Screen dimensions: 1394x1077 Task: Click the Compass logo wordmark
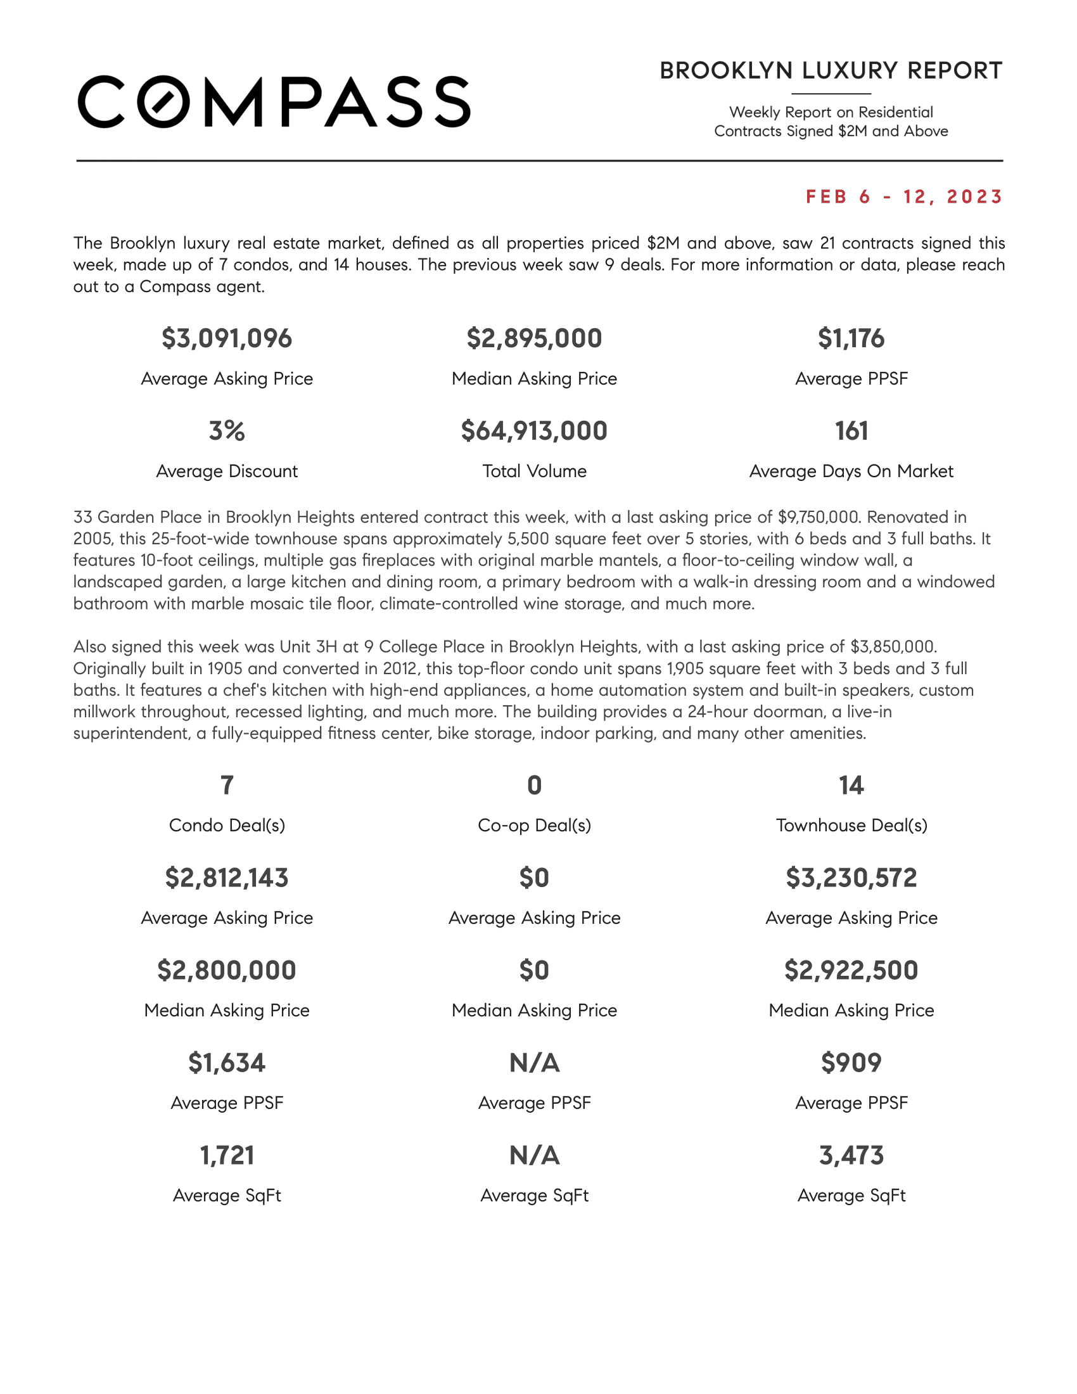[x=274, y=102]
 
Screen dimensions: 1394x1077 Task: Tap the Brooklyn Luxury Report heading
[x=831, y=71]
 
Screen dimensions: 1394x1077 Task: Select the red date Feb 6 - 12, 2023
[x=903, y=196]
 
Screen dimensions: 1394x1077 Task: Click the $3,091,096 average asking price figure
[x=227, y=338]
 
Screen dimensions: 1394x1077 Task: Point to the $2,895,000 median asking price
[x=534, y=338]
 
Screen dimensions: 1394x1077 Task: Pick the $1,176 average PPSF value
[x=851, y=338]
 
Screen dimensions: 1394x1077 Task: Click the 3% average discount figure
[x=227, y=431]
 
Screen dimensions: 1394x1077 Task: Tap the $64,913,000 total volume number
[x=534, y=431]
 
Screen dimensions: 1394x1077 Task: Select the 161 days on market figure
[x=851, y=431]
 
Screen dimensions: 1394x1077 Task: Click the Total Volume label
[x=534, y=471]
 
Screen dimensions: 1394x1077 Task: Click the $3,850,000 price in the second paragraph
[x=893, y=646]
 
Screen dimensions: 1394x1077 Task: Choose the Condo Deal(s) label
[x=227, y=825]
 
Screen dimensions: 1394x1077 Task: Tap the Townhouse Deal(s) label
[x=851, y=825]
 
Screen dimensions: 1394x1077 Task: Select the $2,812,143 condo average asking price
[x=227, y=878]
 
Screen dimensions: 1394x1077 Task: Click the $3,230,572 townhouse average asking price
[x=851, y=878]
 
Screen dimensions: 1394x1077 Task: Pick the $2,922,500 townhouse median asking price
[x=851, y=970]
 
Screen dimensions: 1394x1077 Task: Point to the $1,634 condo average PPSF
[x=227, y=1063]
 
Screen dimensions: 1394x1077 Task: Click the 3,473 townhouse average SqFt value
[x=851, y=1155]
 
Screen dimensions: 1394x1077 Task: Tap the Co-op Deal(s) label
[x=534, y=825]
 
